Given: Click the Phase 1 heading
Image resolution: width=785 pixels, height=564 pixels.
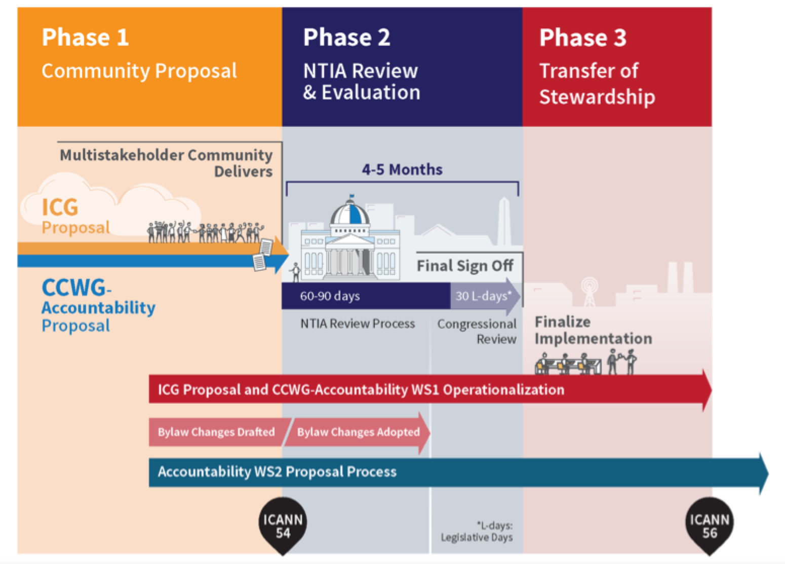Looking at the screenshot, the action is [85, 37].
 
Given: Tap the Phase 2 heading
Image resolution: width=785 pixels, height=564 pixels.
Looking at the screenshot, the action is [346, 37].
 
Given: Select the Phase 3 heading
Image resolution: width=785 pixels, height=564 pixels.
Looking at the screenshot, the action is [583, 37].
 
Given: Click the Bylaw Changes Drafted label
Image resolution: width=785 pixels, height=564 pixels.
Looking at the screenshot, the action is [216, 432].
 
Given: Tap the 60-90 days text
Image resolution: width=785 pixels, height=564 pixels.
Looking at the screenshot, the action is [330, 296].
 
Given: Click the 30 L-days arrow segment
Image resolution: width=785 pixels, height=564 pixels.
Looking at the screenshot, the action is [485, 296].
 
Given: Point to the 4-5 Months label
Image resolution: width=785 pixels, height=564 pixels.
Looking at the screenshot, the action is [402, 169].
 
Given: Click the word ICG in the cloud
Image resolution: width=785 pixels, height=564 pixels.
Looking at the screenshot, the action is [60, 207].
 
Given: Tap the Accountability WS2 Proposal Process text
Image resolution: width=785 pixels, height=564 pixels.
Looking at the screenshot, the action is [277, 472].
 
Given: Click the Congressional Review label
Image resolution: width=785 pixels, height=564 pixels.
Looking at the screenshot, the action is [477, 331].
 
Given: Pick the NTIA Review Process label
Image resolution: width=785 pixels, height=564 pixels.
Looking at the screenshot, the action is [358, 323].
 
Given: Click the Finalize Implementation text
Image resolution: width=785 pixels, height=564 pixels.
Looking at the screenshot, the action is [593, 330].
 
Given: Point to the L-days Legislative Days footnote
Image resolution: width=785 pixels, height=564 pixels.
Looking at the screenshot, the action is [477, 532].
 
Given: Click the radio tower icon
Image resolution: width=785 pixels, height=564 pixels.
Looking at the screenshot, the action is [589, 292].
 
